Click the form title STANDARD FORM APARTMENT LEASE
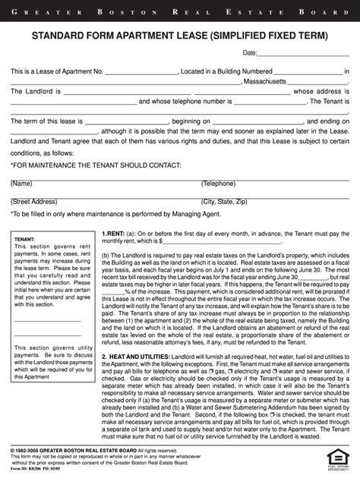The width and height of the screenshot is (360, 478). point(180,36)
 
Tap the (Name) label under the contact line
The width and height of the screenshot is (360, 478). point(21,184)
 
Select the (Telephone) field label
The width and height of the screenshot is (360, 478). point(219,184)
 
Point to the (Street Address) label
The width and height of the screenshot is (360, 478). point(34,202)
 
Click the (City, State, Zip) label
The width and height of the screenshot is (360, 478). point(224,202)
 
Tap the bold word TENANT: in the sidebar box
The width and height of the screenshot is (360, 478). point(25,240)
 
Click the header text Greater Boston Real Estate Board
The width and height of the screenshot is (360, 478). point(180,12)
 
